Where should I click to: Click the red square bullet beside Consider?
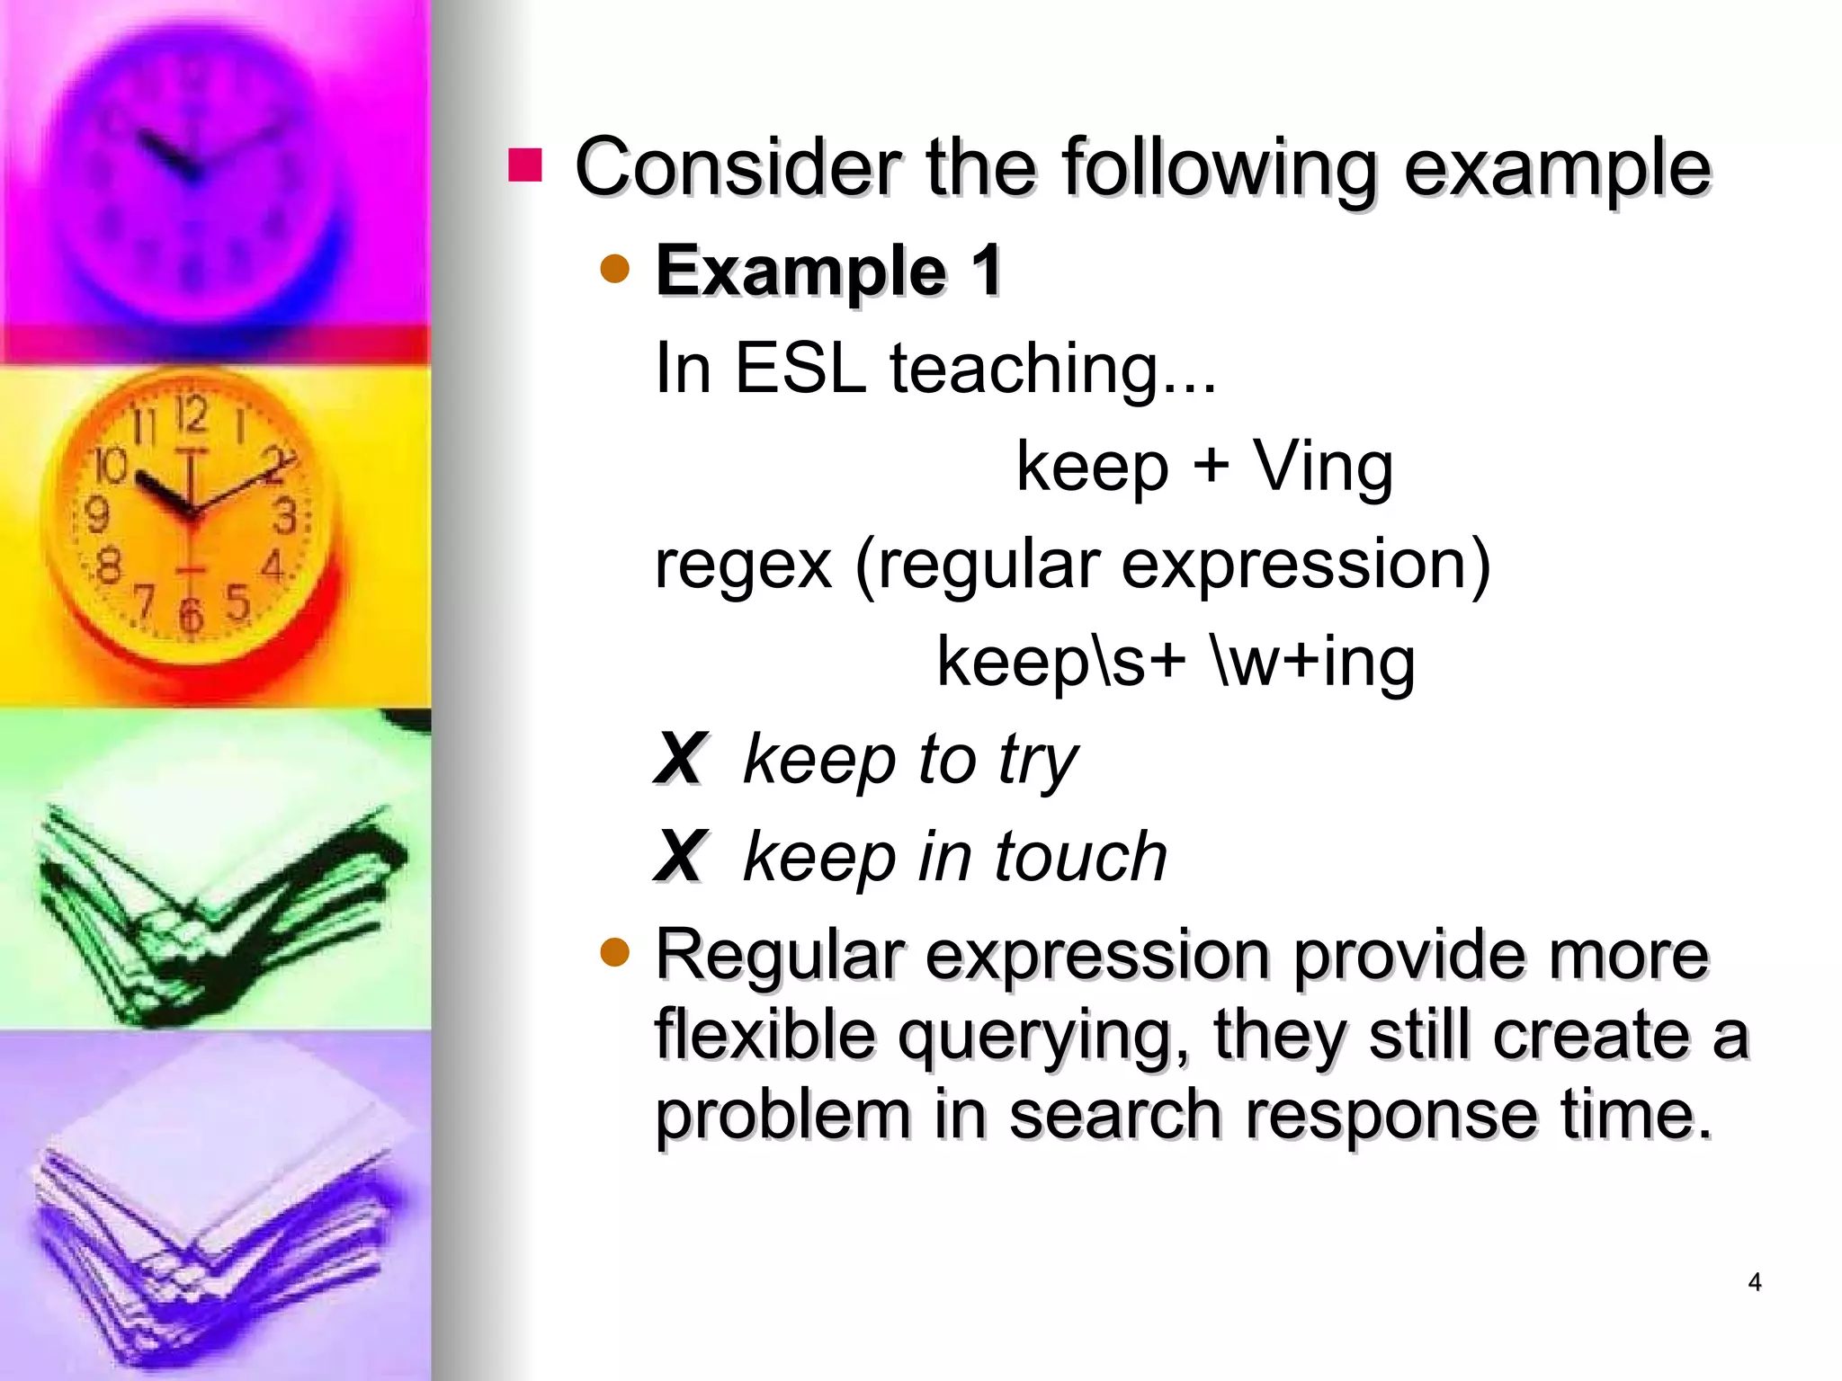click(x=525, y=165)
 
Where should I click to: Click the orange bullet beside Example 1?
click(x=615, y=269)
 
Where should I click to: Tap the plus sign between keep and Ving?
click(x=1211, y=466)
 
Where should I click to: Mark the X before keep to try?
click(x=680, y=760)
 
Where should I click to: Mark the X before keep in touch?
click(x=680, y=856)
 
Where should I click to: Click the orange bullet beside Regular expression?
click(x=615, y=952)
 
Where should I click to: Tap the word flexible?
click(x=765, y=1034)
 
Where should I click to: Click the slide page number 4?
click(x=1754, y=1282)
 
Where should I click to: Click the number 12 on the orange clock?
click(x=192, y=414)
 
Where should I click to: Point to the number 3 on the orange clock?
click(x=285, y=517)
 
